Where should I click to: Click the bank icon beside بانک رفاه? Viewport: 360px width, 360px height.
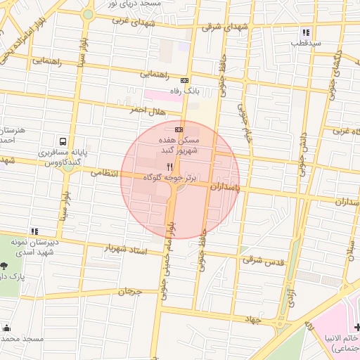click(184, 81)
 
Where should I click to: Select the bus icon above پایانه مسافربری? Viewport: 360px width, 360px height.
click(64, 141)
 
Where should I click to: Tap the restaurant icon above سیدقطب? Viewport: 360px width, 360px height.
click(305, 32)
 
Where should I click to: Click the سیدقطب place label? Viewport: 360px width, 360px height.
click(307, 43)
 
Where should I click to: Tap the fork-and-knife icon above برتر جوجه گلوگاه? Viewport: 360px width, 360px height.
click(169, 167)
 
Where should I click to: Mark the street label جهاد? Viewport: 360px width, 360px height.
click(253, 320)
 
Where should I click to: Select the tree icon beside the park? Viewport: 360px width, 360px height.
click(5, 266)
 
